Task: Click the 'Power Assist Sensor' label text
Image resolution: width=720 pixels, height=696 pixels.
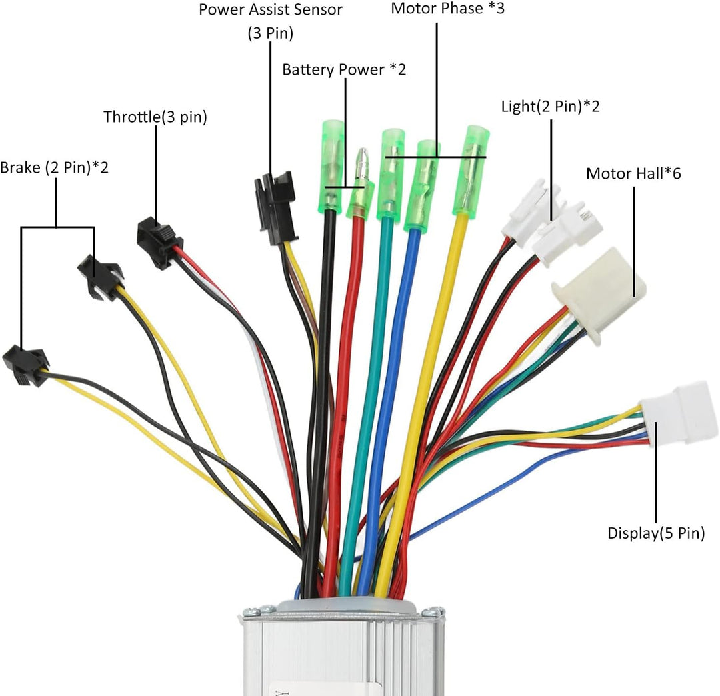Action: (x=270, y=10)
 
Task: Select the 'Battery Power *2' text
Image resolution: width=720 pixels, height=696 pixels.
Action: (x=343, y=70)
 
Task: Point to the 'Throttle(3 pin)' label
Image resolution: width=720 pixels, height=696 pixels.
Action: (x=155, y=117)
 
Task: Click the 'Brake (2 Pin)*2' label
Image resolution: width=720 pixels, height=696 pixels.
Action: (x=54, y=167)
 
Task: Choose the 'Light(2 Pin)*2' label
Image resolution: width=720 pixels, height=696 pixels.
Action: (x=550, y=107)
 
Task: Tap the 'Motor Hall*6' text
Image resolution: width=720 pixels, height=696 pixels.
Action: (x=633, y=174)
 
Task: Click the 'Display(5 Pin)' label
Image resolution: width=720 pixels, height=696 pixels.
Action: (x=656, y=533)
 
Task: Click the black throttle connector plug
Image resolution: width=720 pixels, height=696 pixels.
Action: (x=157, y=242)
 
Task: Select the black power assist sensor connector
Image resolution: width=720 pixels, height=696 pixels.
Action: (x=273, y=207)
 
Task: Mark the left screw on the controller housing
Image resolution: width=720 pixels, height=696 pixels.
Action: (x=251, y=610)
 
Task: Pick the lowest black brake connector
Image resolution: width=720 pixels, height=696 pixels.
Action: (x=23, y=367)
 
